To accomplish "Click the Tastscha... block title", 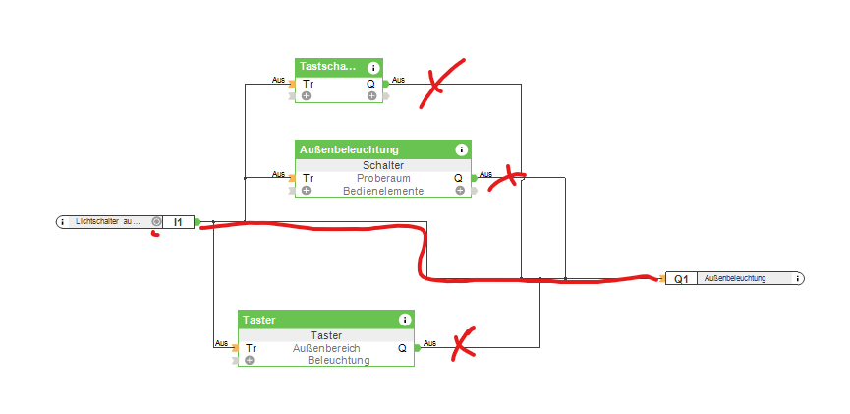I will [x=328, y=67].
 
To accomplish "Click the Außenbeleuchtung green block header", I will [x=350, y=149].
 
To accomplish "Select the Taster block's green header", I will [x=260, y=320].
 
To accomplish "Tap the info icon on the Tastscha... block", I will [x=373, y=68].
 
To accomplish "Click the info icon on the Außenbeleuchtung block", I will [x=461, y=149].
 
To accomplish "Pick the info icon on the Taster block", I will [x=404, y=320].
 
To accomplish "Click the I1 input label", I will [x=178, y=222].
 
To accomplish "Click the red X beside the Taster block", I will [x=463, y=342].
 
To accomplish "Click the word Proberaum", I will [x=382, y=178].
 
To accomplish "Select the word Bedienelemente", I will [x=382, y=191].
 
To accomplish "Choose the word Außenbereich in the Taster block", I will [x=326, y=348].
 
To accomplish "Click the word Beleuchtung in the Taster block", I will [x=338, y=360].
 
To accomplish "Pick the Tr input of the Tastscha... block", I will [x=308, y=84].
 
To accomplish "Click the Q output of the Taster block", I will [x=402, y=348].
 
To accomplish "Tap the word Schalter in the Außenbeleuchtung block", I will [x=382, y=165].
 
